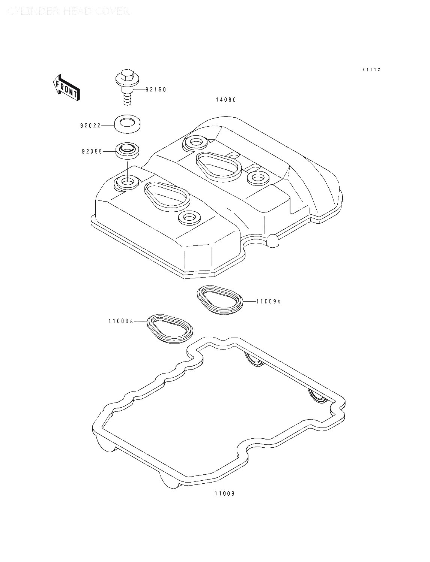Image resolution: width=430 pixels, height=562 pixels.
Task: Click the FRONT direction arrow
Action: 66,88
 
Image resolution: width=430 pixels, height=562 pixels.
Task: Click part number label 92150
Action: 155,90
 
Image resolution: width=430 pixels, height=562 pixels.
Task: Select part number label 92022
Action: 90,126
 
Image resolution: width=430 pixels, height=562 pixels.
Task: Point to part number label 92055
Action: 91,152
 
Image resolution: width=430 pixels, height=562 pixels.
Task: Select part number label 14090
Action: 226,100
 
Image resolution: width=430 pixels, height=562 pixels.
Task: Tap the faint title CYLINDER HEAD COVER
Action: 69,12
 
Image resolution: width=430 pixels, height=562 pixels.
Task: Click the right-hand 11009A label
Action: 268,301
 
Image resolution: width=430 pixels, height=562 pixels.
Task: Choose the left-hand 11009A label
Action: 121,321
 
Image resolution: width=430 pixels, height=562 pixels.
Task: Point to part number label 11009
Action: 224,493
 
